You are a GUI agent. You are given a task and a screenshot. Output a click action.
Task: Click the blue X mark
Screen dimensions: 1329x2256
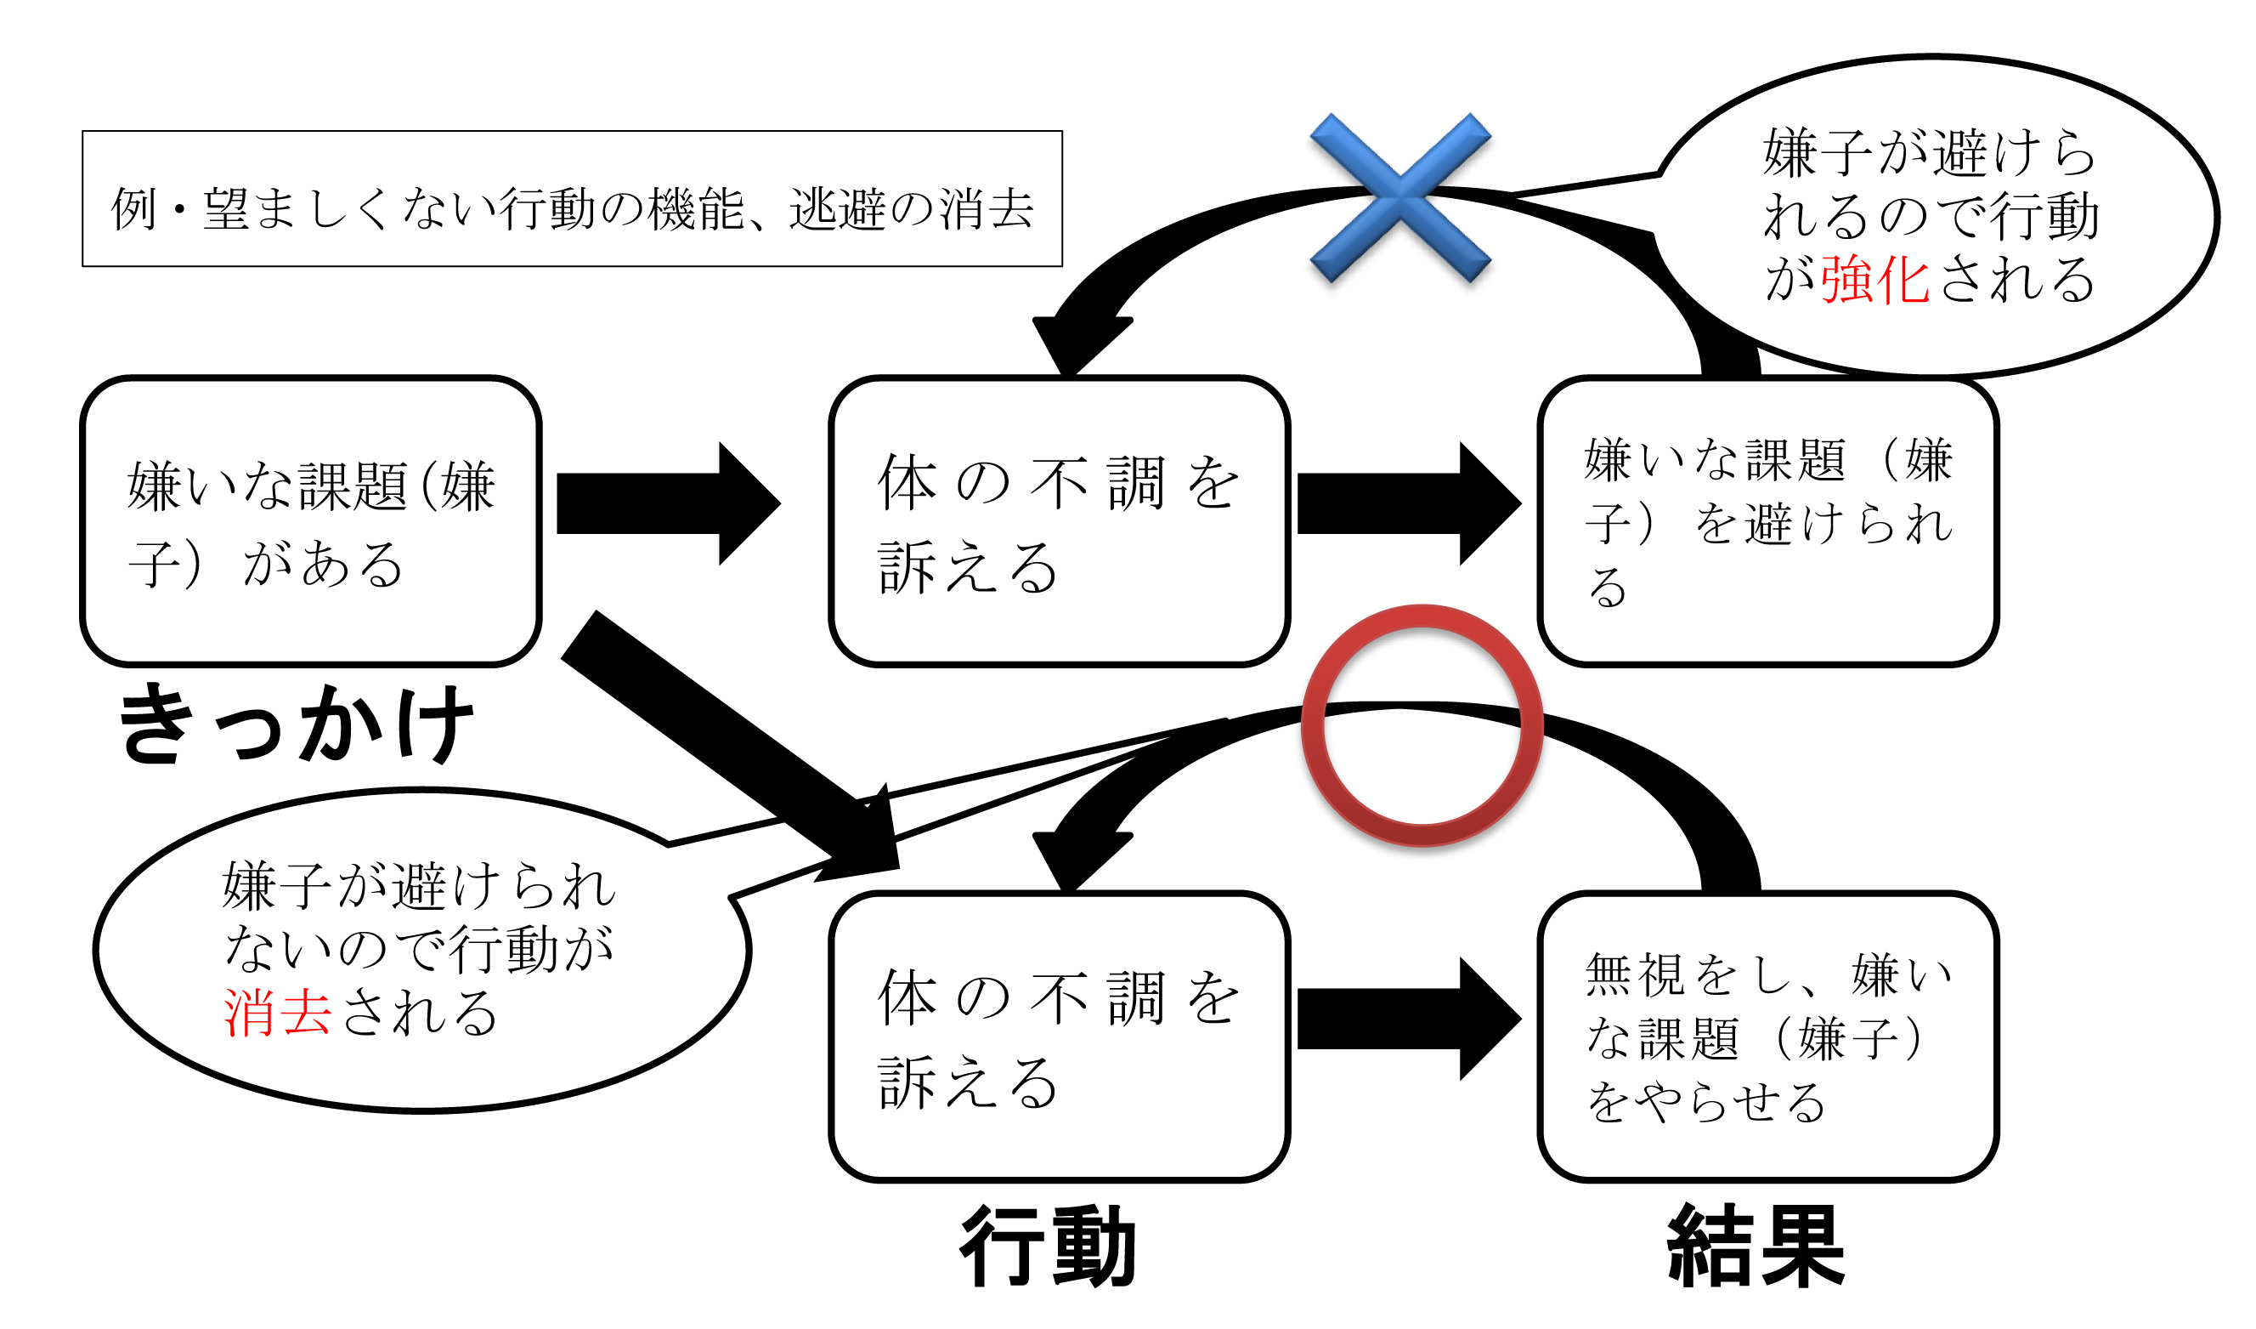point(1400,198)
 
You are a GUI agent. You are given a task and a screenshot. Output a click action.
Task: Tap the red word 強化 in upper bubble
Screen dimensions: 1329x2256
point(1874,280)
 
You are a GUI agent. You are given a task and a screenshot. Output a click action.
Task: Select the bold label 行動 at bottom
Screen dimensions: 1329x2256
point(1048,1247)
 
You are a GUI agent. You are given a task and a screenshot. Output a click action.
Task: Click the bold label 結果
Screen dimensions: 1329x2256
point(1755,1247)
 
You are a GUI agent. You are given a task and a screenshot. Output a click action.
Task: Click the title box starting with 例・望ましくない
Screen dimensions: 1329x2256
point(572,199)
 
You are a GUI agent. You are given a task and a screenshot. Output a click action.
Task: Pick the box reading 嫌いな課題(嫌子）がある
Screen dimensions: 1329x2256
point(311,522)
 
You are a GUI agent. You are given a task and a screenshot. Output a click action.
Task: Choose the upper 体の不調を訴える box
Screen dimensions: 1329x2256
point(1059,522)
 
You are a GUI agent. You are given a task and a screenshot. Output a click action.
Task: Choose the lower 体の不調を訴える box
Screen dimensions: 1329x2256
point(1059,1037)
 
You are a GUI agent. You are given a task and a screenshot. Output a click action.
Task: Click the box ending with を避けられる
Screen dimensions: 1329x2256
point(1768,522)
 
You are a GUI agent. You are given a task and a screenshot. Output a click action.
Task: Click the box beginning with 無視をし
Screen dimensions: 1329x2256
point(1768,1037)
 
